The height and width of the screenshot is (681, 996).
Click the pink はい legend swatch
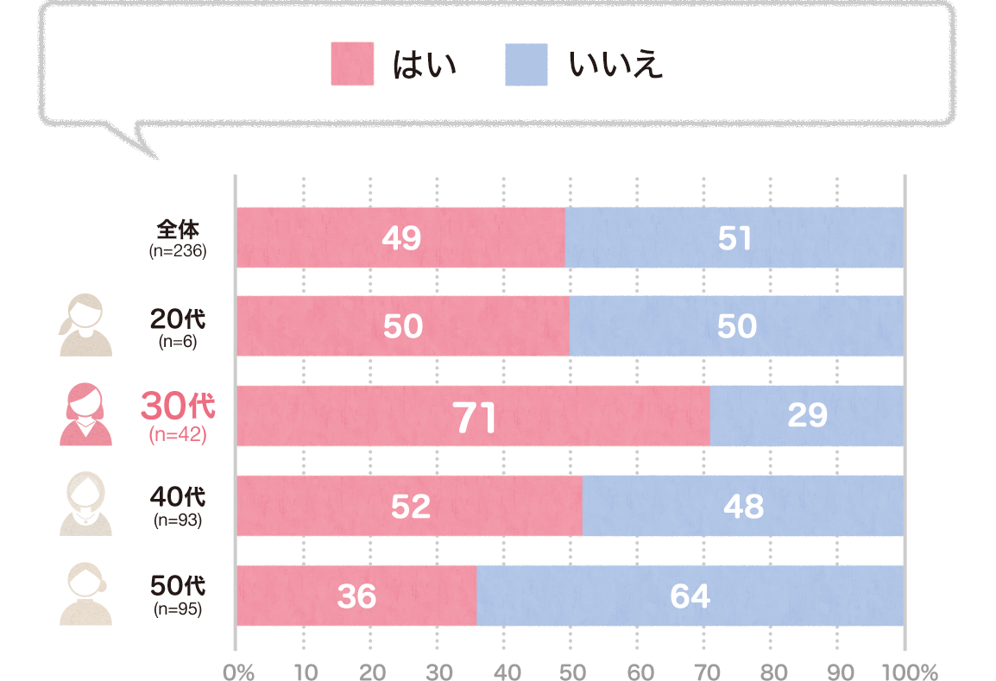click(352, 65)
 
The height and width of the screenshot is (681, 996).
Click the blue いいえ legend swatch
click(526, 65)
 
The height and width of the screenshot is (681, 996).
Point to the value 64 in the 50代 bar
click(689, 596)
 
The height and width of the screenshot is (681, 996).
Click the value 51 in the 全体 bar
click(735, 238)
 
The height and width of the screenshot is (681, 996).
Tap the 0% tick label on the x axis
click(237, 672)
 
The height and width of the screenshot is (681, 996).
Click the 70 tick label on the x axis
click(706, 672)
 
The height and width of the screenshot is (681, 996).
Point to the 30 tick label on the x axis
click(439, 672)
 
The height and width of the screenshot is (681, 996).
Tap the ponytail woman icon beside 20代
click(85, 325)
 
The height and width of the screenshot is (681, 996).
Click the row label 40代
click(178, 498)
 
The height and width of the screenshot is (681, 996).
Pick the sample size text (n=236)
click(178, 252)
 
